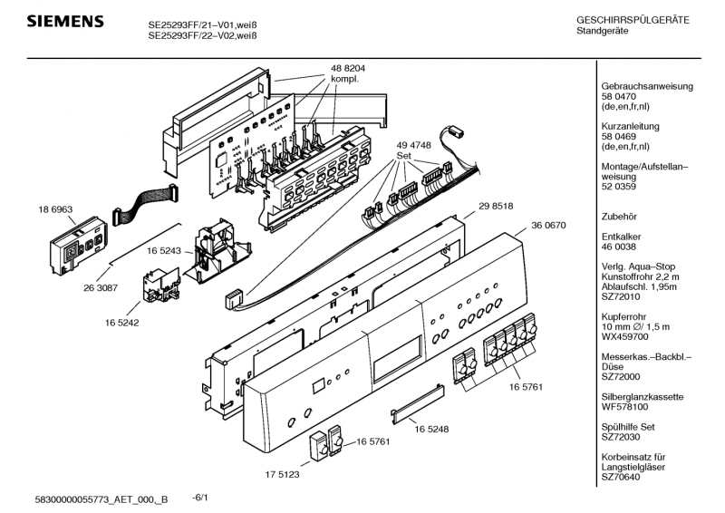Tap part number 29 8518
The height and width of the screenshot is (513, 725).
(x=496, y=207)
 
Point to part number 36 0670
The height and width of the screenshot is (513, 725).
(x=549, y=226)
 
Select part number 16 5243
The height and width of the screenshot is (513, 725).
(x=163, y=250)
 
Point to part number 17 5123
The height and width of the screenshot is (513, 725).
(x=282, y=474)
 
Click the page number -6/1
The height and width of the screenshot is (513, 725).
(x=201, y=497)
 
